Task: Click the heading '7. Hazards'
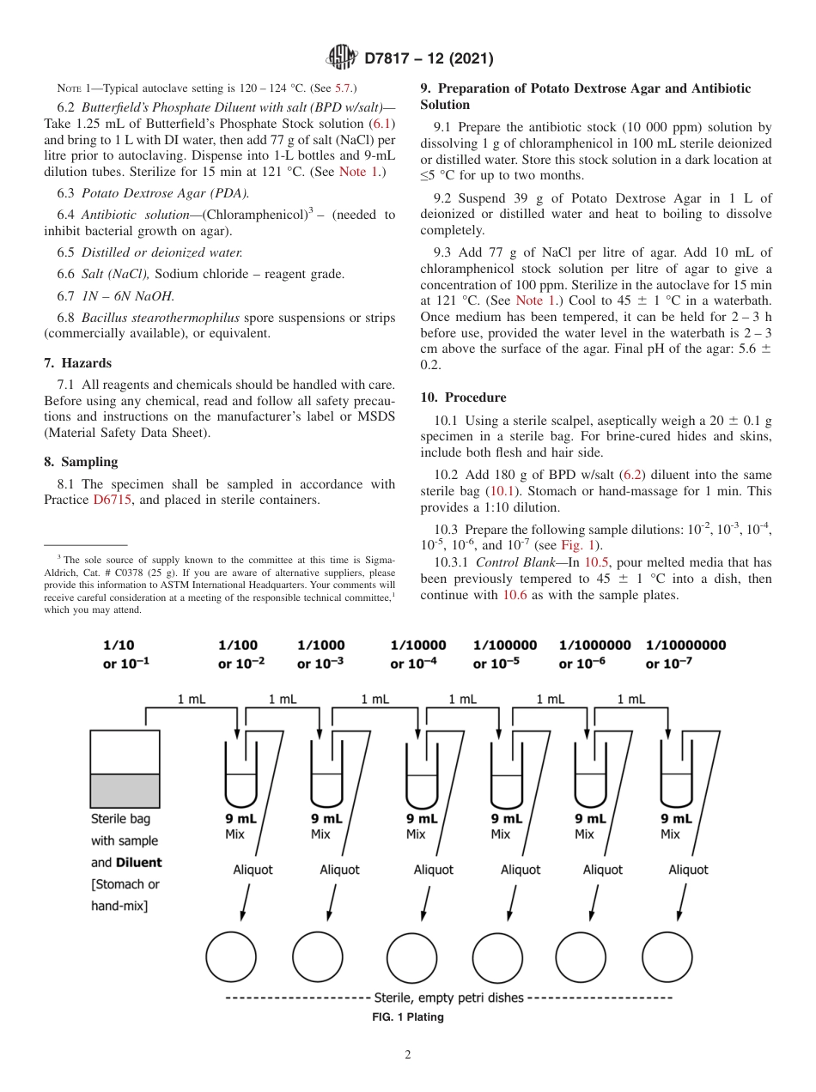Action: tap(77, 363)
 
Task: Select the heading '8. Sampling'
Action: tap(81, 462)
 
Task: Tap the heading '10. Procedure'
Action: tap(463, 397)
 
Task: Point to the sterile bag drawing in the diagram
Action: tap(125, 768)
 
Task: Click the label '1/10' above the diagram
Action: tap(119, 645)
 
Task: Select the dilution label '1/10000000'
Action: tap(685, 645)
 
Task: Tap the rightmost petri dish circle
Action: tap(667, 956)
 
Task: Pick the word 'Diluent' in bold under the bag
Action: tap(139, 862)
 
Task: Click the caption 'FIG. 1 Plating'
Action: tap(407, 1017)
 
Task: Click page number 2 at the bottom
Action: tap(408, 1055)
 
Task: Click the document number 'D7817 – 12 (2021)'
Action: tap(429, 58)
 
